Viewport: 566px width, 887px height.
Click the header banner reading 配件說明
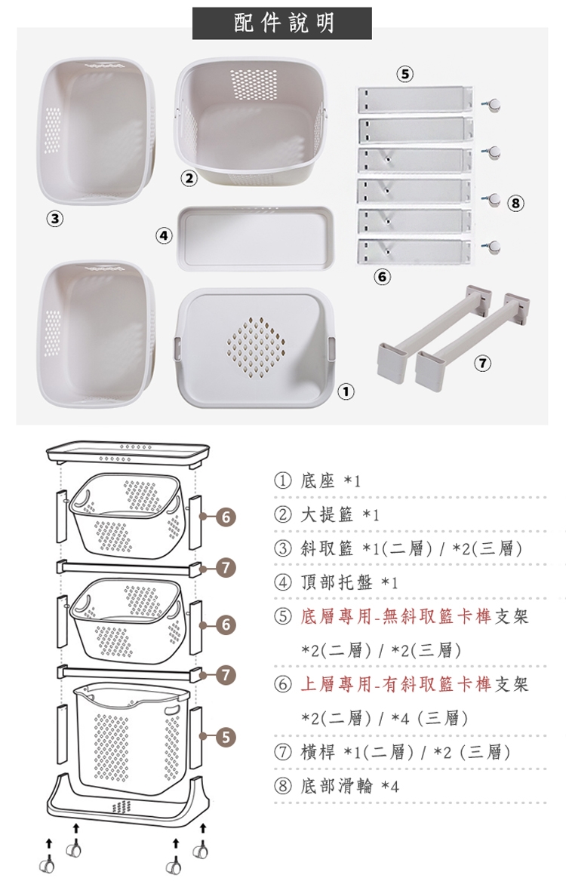click(282, 23)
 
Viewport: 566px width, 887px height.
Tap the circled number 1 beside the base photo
click(346, 391)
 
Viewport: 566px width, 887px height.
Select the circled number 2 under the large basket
click(188, 179)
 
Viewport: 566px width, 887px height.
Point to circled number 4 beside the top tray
click(164, 235)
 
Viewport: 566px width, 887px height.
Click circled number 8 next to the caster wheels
click(515, 202)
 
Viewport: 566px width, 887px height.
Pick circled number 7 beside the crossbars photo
click(481, 364)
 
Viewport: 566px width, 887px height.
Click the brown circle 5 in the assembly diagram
click(225, 736)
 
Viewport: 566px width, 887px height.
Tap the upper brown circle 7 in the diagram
click(225, 567)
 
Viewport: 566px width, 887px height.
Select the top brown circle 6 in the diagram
click(225, 517)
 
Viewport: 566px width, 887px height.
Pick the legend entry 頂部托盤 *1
click(349, 582)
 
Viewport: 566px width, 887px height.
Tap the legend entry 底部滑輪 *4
click(349, 786)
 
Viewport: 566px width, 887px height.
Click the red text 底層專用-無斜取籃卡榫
click(396, 617)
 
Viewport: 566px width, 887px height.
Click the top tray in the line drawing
click(128, 453)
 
